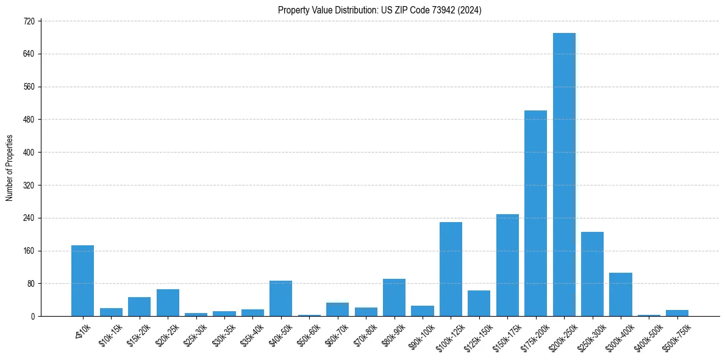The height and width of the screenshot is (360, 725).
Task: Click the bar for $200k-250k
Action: (564, 175)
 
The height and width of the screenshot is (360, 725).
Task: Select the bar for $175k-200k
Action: (535, 214)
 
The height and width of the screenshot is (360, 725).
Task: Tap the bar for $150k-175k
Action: (507, 265)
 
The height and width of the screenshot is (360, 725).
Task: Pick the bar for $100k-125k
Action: (451, 269)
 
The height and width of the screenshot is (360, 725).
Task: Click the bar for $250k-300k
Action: (592, 274)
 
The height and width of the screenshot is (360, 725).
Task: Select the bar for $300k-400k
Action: (620, 295)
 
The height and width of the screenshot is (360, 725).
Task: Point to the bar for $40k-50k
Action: (280, 298)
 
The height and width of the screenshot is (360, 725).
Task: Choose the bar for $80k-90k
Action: (394, 298)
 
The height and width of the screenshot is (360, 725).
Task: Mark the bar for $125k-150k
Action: (479, 303)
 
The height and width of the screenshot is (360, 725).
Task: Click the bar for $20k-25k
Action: (168, 303)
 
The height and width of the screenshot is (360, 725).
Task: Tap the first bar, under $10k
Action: (82, 281)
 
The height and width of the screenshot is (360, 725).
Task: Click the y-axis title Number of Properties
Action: (10, 168)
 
